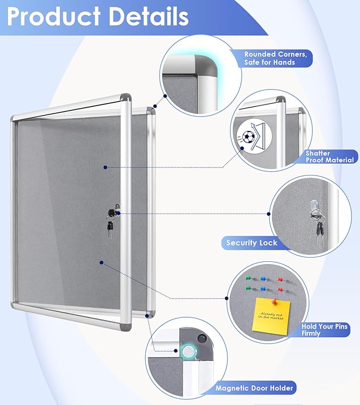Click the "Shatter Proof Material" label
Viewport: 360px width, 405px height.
pyautogui.click(x=329, y=156)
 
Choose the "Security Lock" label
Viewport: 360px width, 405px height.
pyautogui.click(x=251, y=243)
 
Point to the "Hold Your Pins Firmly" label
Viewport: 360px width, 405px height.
pyautogui.click(x=324, y=330)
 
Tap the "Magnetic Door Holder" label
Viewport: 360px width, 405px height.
pyautogui.click(x=254, y=388)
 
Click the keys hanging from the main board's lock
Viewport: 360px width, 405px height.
pyautogui.click(x=110, y=227)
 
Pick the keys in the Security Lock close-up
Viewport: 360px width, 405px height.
pyautogui.click(x=320, y=228)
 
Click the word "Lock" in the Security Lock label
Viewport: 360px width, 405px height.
pyautogui.click(x=268, y=243)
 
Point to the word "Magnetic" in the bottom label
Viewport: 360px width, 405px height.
pyautogui.click(x=234, y=388)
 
